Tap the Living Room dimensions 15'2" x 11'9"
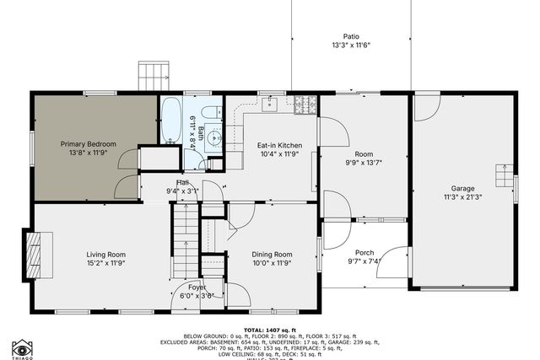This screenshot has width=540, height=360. click(105, 263)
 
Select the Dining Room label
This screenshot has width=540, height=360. click(272, 254)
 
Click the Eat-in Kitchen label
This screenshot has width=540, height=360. click(279, 145)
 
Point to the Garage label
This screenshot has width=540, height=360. click(462, 188)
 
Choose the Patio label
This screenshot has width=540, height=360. click(351, 36)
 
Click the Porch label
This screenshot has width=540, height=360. click(364, 252)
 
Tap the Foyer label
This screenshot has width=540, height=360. click(197, 287)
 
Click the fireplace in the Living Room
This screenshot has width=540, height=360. click(35, 250)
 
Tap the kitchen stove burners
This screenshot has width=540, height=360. click(305, 105)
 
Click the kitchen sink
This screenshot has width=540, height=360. click(269, 104)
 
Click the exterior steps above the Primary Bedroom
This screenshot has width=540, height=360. click(154, 76)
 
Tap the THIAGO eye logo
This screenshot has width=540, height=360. click(22, 347)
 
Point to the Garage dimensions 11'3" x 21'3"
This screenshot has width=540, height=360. click(462, 197)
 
